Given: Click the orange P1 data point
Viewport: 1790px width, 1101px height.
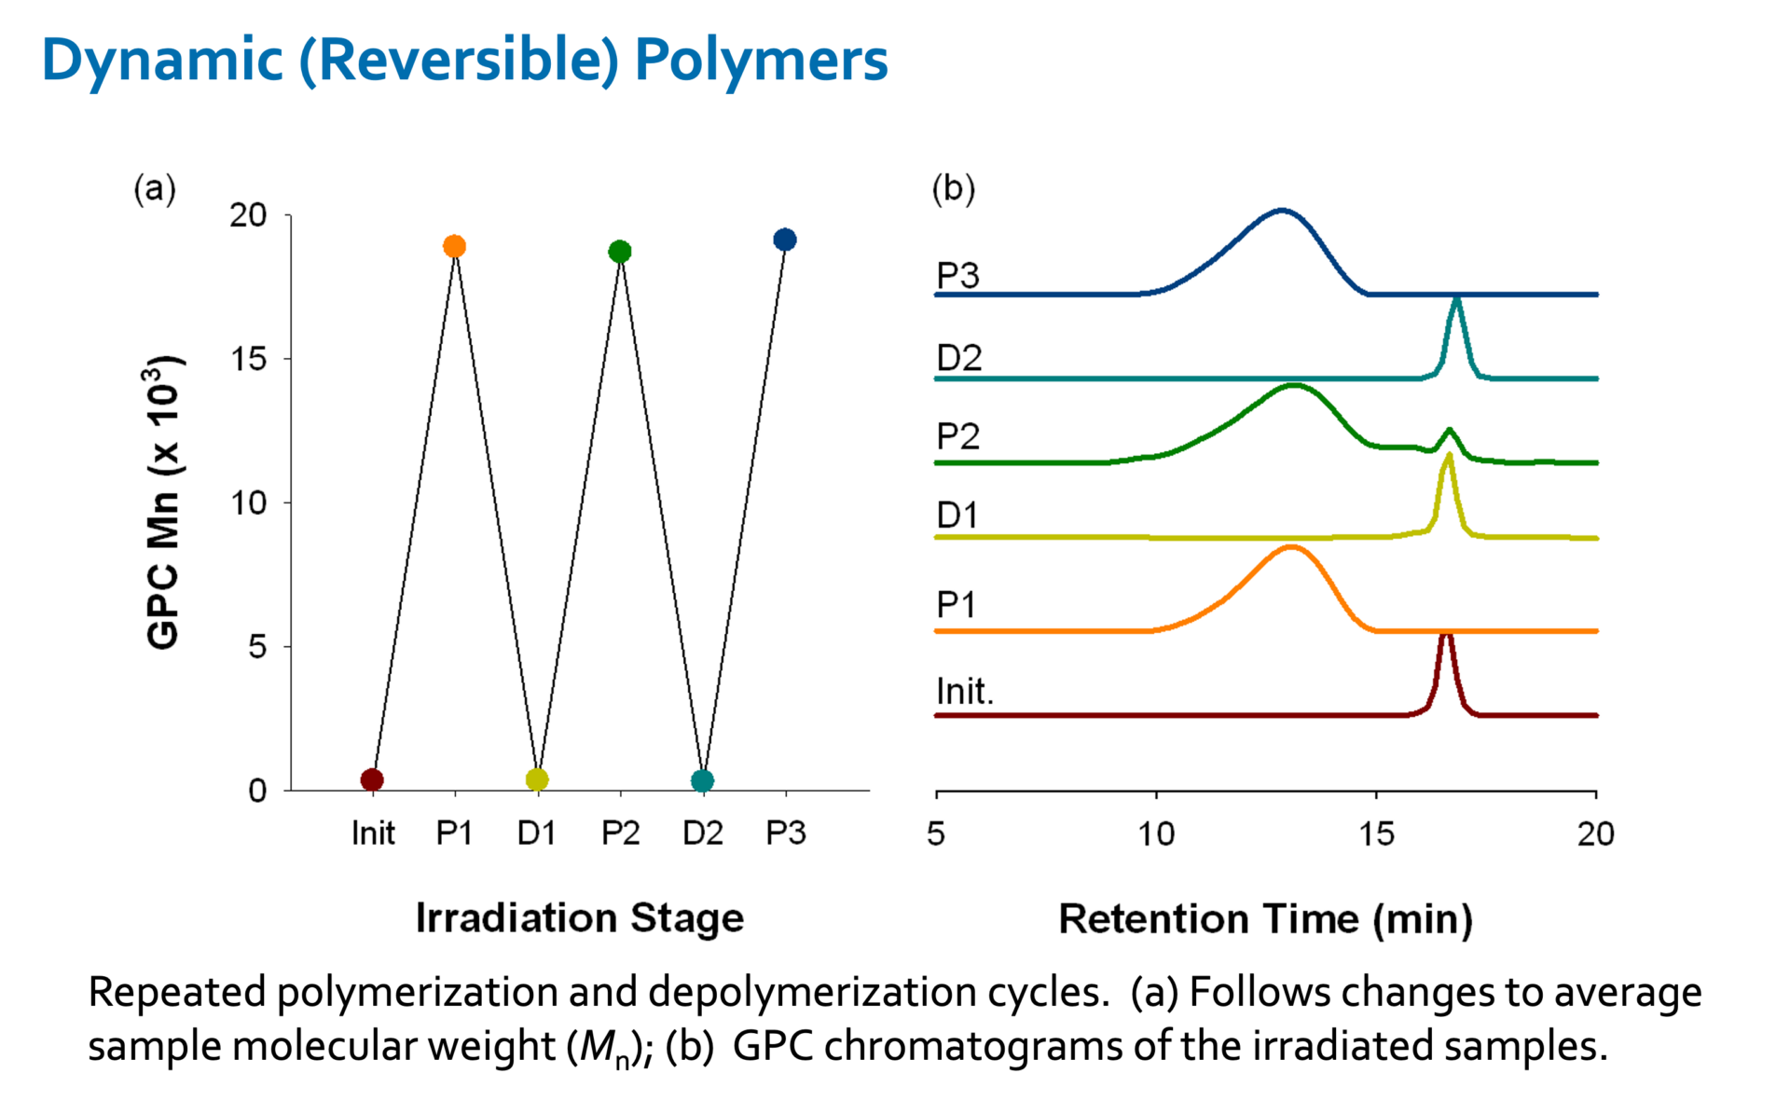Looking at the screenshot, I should [454, 246].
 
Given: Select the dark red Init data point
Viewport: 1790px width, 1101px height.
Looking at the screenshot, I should [372, 779].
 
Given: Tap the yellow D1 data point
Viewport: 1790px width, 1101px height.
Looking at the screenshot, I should [537, 779].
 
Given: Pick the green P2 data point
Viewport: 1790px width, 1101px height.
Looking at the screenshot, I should [620, 251].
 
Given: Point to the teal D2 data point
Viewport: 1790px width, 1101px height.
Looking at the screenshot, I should [703, 780].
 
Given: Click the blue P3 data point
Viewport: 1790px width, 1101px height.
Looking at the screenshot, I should [785, 240].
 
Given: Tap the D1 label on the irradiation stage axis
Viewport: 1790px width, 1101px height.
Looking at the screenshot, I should [537, 833].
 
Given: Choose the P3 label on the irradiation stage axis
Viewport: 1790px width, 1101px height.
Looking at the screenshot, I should [785, 833].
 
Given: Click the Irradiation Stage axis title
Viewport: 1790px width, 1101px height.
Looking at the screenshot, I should [579, 917].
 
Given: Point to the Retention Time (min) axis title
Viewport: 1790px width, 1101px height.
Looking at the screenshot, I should [1265, 919].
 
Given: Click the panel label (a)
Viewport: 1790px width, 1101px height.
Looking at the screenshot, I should [155, 189].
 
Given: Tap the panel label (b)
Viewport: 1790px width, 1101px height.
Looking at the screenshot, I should [953, 188].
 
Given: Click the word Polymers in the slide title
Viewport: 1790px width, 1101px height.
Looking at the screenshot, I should [761, 61].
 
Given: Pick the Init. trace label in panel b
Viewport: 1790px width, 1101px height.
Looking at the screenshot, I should [965, 692].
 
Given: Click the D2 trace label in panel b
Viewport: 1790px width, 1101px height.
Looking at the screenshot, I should [959, 358].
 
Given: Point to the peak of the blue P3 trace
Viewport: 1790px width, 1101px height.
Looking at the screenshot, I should [1282, 211].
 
